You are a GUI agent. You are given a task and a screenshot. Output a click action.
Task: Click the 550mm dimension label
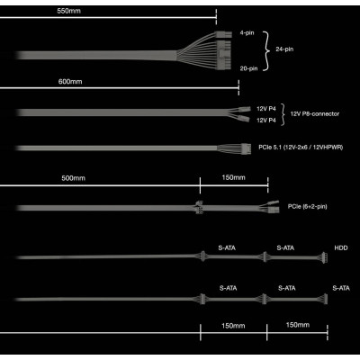coord(68,12)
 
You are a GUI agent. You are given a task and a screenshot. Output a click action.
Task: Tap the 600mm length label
coord(70,82)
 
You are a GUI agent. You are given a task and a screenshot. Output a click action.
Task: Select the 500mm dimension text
coord(74,178)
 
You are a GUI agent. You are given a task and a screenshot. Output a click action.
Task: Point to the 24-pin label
coord(284,49)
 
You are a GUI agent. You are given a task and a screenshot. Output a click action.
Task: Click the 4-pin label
coord(247,32)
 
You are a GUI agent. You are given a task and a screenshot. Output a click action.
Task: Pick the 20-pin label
coord(248,68)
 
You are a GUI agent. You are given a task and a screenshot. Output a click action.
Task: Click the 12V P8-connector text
coord(315,114)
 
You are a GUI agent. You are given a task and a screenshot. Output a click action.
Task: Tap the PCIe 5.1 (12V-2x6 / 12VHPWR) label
coord(301,148)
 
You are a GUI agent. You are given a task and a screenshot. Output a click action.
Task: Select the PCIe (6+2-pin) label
coord(307,206)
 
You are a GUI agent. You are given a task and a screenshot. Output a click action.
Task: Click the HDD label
coord(341,248)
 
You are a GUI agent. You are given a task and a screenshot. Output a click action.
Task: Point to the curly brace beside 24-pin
coord(265,50)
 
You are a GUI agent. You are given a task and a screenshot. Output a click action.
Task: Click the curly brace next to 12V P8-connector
coord(283,114)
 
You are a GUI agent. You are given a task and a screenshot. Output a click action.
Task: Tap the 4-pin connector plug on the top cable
coord(223,34)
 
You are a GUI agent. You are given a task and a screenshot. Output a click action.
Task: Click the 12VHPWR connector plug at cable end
coord(246,148)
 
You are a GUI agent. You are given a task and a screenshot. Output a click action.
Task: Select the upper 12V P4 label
coord(266,109)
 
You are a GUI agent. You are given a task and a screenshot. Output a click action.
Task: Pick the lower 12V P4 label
coord(266,121)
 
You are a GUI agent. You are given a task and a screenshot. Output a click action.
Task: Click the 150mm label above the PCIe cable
coord(233,177)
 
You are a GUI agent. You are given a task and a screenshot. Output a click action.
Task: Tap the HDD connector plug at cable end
coord(324,257)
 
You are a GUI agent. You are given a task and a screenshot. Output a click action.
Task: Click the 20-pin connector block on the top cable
coord(223,55)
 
